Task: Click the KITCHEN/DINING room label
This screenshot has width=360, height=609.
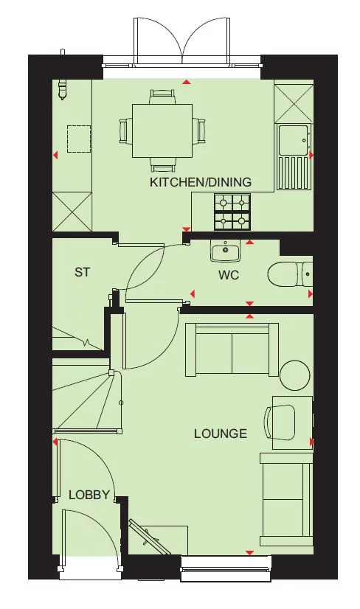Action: pyautogui.click(x=201, y=182)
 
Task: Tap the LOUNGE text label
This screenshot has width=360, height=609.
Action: pyautogui.click(x=220, y=434)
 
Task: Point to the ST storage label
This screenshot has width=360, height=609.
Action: pyautogui.click(x=82, y=272)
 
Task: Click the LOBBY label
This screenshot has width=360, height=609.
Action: pyautogui.click(x=89, y=495)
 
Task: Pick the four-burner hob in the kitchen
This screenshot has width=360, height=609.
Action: pyautogui.click(x=232, y=212)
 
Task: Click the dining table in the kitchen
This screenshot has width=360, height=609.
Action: pyautogui.click(x=162, y=130)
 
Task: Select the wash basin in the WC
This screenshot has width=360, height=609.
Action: pyautogui.click(x=225, y=252)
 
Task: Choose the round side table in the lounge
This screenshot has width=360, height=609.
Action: pyautogui.click(x=295, y=375)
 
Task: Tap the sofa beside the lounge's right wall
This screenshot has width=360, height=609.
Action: pyautogui.click(x=286, y=494)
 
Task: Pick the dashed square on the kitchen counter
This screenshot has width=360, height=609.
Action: pyautogui.click(x=79, y=139)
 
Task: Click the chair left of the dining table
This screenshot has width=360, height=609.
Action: pyautogui.click(x=125, y=130)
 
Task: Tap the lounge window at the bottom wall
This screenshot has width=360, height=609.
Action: pyautogui.click(x=226, y=565)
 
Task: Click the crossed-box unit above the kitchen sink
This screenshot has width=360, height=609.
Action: pyautogui.click(x=293, y=102)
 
